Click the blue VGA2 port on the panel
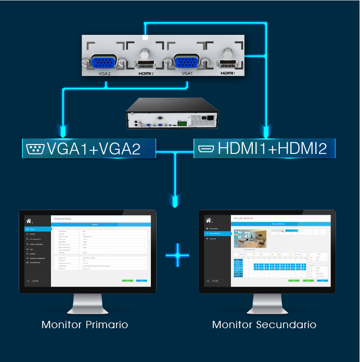pyautogui.click(x=104, y=63)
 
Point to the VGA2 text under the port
pyautogui.click(x=104, y=74)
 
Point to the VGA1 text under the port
pyautogui.click(x=187, y=74)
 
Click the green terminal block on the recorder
pyautogui.click(x=183, y=124)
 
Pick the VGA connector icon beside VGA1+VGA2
pyautogui.click(x=35, y=149)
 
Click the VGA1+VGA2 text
pyautogui.click(x=94, y=149)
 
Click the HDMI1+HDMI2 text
pyautogui.click(x=272, y=149)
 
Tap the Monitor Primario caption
pyautogui.click(x=85, y=325)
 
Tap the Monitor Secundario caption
pyautogui.click(x=264, y=325)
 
